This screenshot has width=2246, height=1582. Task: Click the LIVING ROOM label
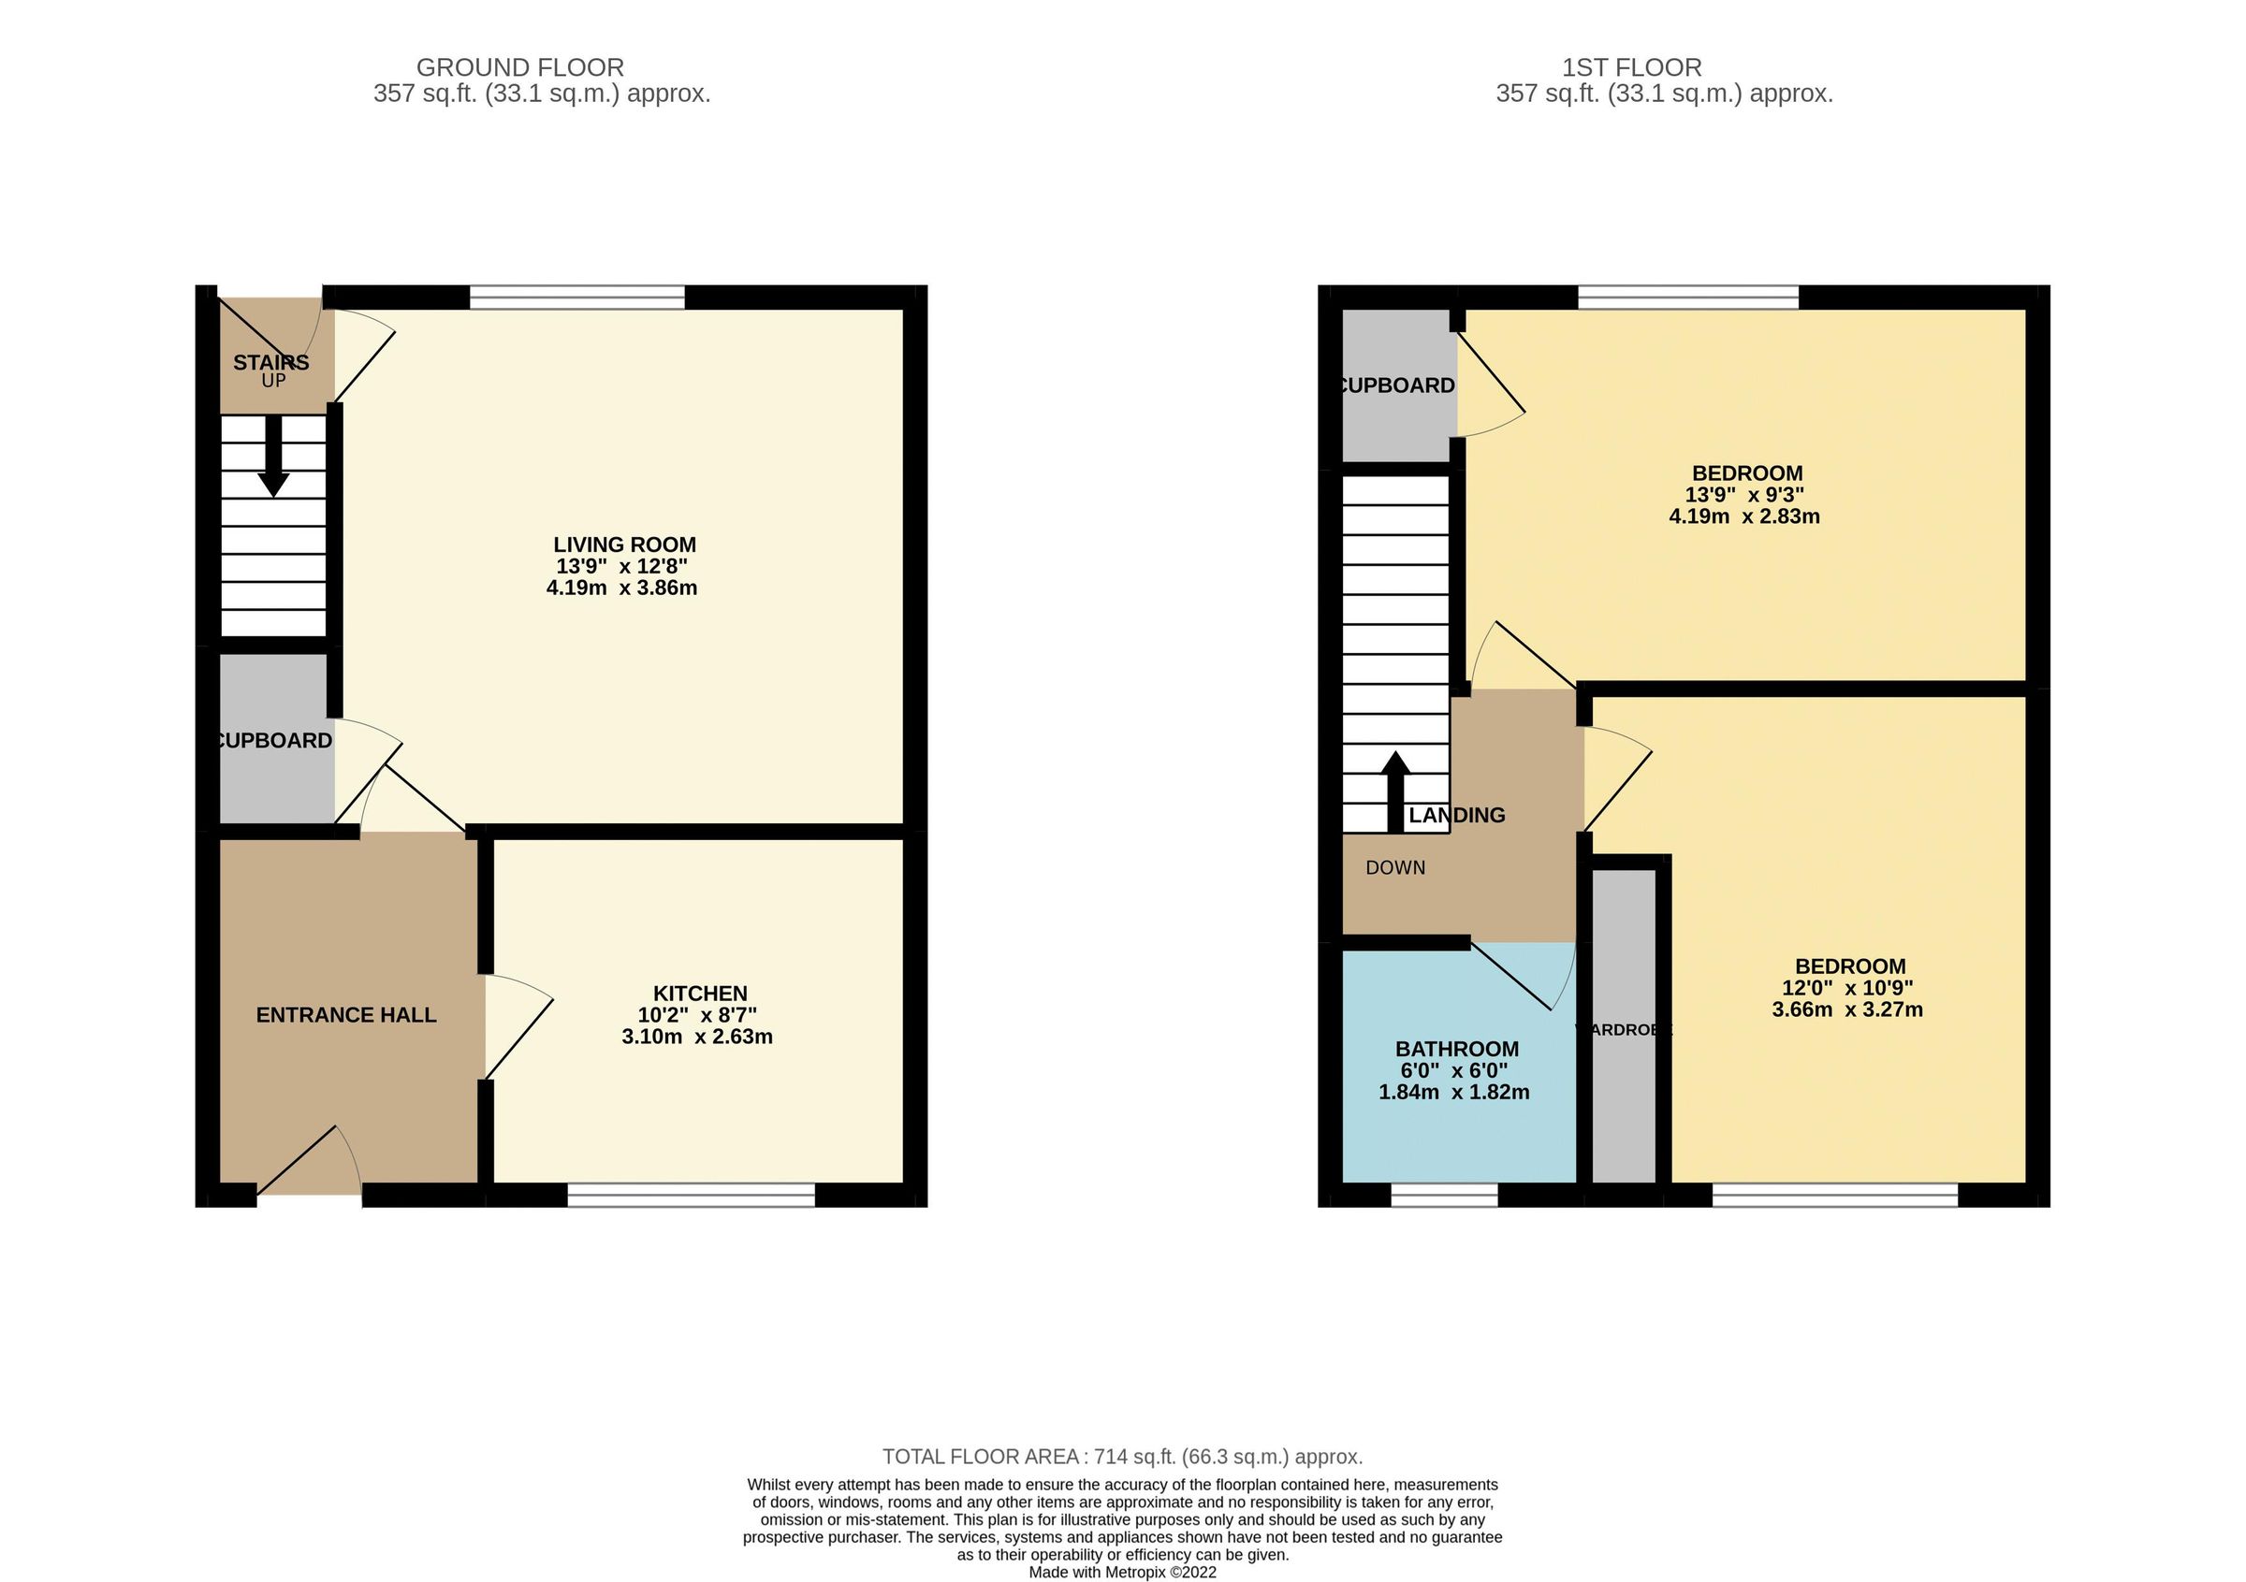point(624,544)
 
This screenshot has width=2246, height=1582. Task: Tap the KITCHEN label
point(699,994)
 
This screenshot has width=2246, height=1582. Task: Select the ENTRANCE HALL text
point(346,1015)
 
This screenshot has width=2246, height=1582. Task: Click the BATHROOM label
point(1456,1049)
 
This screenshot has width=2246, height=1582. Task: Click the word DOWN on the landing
point(1395,868)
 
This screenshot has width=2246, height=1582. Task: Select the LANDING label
point(1456,816)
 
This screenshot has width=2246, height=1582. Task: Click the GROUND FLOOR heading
point(519,67)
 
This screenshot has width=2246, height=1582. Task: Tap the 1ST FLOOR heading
point(1632,67)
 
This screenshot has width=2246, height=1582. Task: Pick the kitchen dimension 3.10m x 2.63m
point(696,1038)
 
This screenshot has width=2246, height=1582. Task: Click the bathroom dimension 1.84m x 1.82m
point(1453,1093)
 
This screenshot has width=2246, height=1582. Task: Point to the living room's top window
point(576,298)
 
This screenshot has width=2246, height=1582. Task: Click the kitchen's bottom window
point(691,1195)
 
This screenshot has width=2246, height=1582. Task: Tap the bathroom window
point(1444,1195)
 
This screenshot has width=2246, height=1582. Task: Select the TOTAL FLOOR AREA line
point(1122,1457)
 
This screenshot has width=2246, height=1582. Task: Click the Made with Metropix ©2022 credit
point(1122,1574)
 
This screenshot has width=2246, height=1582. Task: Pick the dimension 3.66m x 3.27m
point(1847,1010)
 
